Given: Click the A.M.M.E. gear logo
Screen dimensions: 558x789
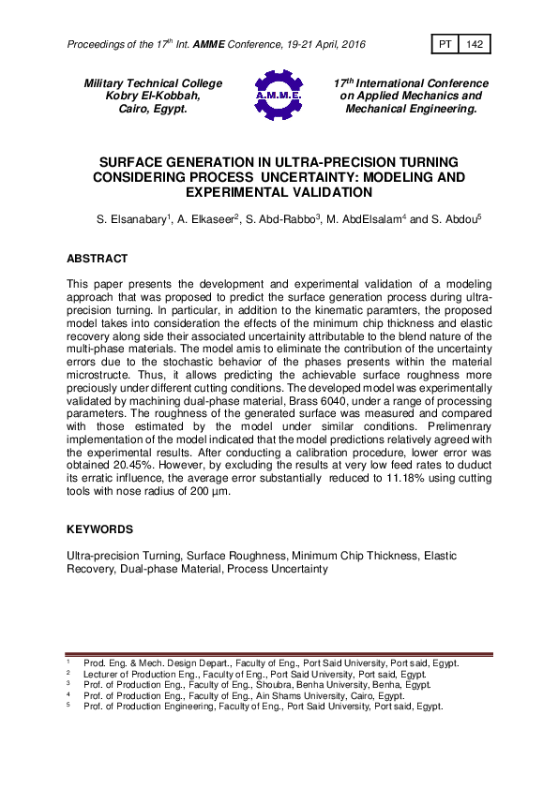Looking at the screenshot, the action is pos(279,95).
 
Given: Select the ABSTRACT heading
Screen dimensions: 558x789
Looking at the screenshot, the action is pos(98,258).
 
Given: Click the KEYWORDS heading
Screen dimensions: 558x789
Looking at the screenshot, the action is pos(100,529).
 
